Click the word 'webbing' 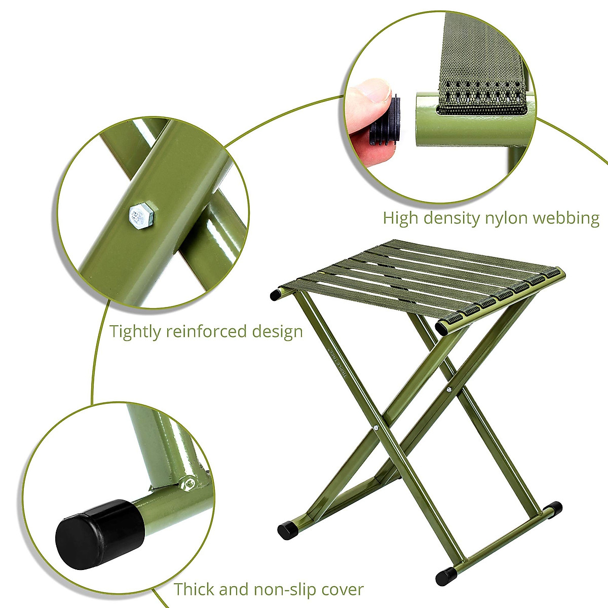[x=570, y=218]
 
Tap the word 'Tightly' [x=134, y=332]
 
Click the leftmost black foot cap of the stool [x=287, y=530]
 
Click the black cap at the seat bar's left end [x=277, y=294]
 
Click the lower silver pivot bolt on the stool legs [x=376, y=429]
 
